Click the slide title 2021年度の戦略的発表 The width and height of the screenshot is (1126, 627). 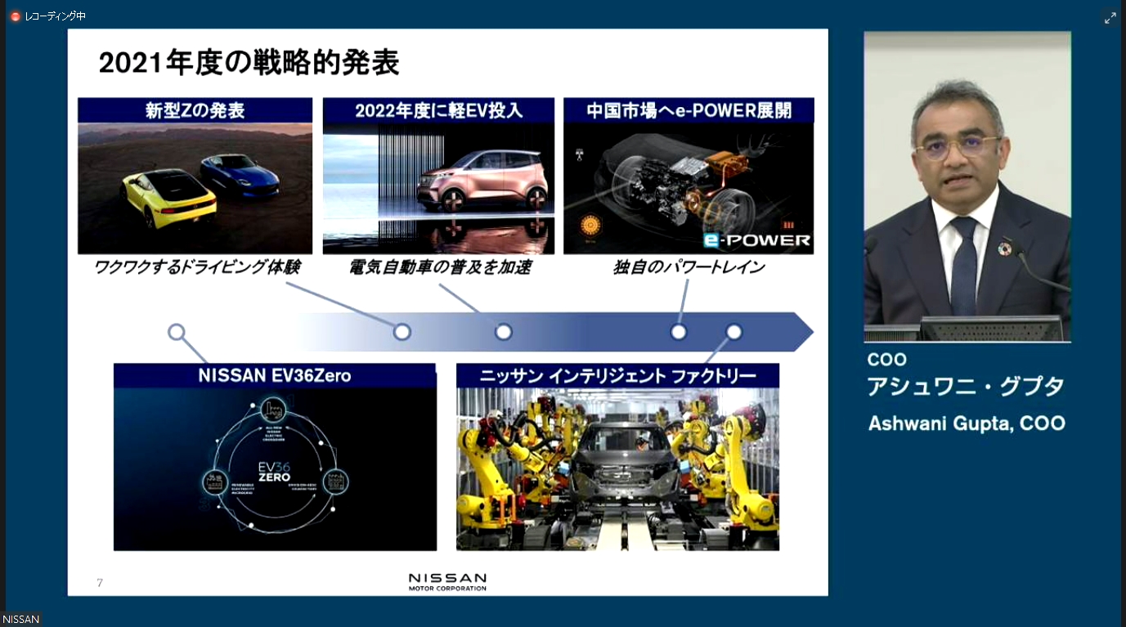pos(249,63)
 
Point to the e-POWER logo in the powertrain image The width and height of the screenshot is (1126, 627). pos(756,240)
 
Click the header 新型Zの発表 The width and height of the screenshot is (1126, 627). pos(195,110)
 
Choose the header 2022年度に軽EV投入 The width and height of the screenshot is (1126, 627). pos(438,110)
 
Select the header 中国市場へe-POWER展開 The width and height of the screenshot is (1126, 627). pos(689,110)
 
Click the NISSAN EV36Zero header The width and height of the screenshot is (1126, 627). pos(274,376)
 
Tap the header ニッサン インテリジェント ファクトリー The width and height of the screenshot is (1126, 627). pos(617,376)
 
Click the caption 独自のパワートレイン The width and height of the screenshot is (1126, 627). pos(689,267)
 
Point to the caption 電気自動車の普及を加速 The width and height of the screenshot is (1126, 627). pos(438,267)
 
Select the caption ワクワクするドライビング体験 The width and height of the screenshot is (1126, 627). pos(196,267)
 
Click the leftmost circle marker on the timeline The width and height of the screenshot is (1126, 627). pos(176,332)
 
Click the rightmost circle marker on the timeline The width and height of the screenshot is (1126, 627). pos(733,332)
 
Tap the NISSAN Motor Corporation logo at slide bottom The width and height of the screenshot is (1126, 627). pos(447,581)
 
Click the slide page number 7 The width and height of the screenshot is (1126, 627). pos(100,583)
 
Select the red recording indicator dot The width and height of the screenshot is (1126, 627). pos(16,16)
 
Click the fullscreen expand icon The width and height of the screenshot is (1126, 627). pos(1110,18)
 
